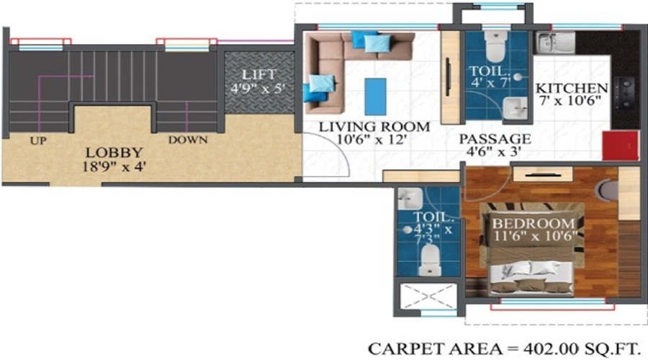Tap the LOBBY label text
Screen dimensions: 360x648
point(114,153)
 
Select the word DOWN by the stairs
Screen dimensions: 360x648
point(187,140)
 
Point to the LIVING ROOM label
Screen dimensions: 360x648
point(374,127)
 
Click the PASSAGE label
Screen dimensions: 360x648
point(495,138)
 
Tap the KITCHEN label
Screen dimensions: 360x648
point(572,89)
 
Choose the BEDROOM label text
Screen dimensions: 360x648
point(534,222)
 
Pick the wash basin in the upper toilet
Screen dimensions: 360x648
point(516,109)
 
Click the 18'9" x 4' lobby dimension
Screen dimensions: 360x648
point(114,166)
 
